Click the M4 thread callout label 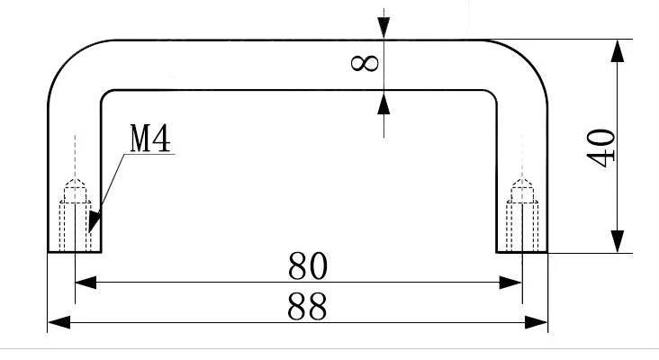[150, 138]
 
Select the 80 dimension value [308, 265]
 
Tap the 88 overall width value [307, 307]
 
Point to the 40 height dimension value [601, 148]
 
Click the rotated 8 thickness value [365, 63]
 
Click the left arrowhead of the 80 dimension [86, 283]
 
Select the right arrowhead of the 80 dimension [510, 283]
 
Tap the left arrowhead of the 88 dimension [59, 322]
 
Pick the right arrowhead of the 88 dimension [537, 322]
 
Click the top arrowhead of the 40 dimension [617, 51]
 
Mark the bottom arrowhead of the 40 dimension [617, 241]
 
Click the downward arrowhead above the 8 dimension [384, 28]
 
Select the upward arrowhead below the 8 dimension [384, 103]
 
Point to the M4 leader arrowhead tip [89, 232]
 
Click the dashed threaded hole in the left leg [76, 215]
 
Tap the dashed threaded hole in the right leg [522, 215]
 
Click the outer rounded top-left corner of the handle [68, 59]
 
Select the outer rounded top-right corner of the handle [528, 59]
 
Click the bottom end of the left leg [75, 252]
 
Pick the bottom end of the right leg [522, 252]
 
